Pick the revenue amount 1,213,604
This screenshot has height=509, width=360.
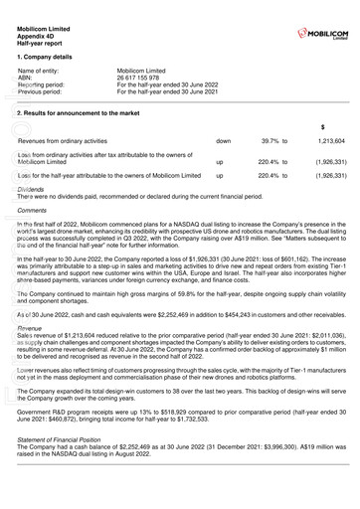[331, 142]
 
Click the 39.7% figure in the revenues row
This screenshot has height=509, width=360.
[272, 142]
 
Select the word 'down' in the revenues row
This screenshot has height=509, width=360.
[224, 142]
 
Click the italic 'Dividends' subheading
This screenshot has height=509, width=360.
[32, 188]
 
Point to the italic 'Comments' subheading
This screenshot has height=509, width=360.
[33, 211]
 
